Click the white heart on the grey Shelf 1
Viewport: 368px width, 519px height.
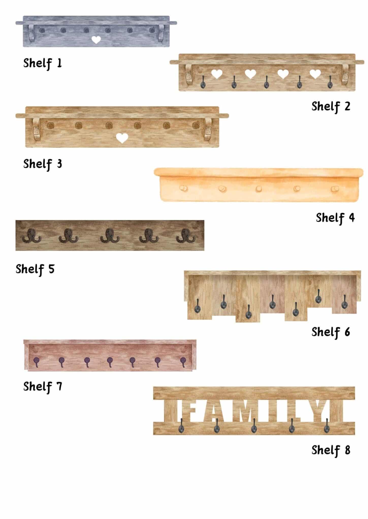[96, 40]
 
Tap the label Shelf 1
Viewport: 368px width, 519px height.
[43, 63]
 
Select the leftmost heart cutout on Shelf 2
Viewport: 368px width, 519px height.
[217, 74]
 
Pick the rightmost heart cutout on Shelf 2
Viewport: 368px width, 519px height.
[315, 74]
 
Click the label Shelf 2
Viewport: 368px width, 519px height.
[331, 106]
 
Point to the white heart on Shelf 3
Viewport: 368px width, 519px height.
[122, 138]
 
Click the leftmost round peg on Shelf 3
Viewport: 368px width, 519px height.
[51, 125]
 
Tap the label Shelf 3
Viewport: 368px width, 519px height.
[43, 164]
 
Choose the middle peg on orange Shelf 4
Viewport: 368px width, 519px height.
[259, 189]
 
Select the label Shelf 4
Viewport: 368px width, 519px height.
[335, 218]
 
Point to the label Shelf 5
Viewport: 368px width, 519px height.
[35, 269]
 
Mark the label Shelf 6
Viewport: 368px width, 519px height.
[331, 332]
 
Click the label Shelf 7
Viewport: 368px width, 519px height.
[43, 387]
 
